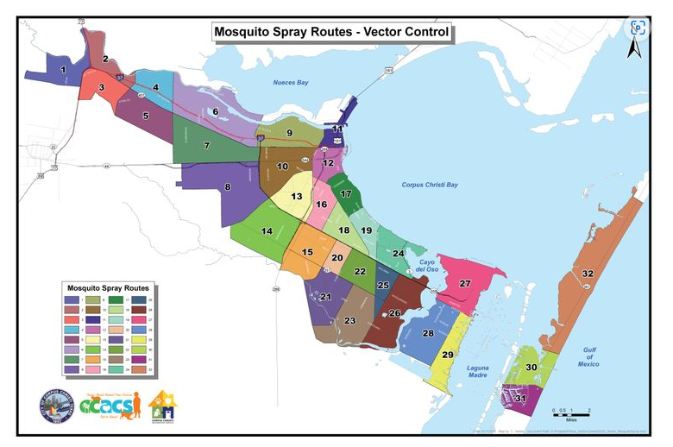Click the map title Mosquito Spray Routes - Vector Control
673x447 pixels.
[x=332, y=33]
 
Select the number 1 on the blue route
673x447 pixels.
[x=63, y=69]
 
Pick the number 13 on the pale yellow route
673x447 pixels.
[x=296, y=197]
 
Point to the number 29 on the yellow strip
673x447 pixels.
[x=448, y=355]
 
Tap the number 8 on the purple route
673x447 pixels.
[x=228, y=186]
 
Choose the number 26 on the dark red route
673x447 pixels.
[x=394, y=313]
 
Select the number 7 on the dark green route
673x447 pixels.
[x=207, y=146]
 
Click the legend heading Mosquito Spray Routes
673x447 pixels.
[x=107, y=287]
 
